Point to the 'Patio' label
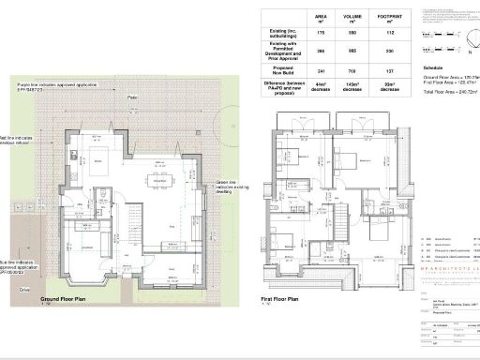[x=134, y=97]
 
